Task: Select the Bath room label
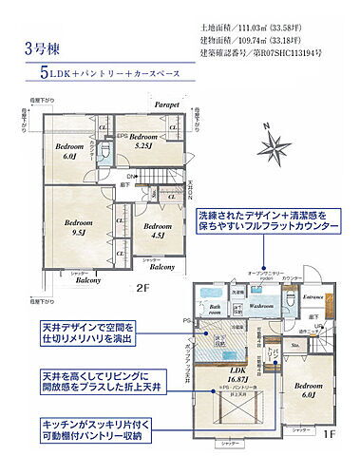[214, 312]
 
